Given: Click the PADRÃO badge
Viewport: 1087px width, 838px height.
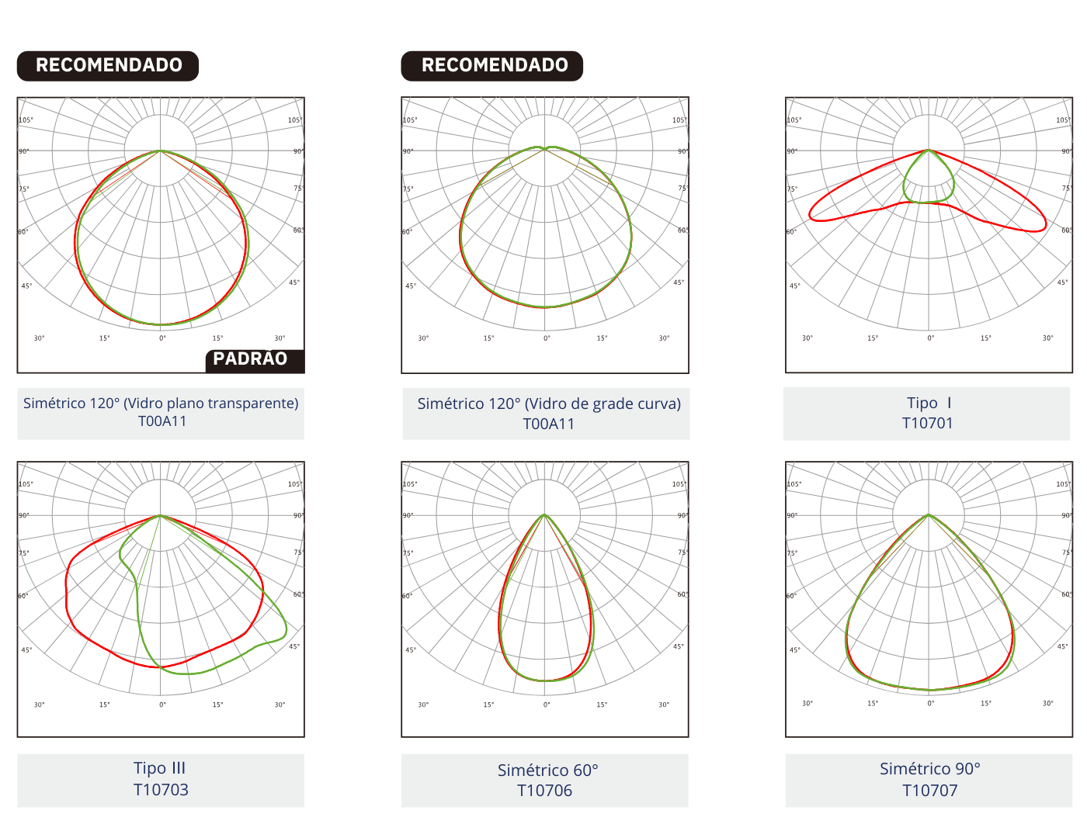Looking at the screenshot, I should coord(251,359).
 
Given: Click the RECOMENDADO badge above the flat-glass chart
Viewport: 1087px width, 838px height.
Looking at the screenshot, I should coord(109,65).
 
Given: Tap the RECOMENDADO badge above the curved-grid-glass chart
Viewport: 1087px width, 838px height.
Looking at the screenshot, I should coord(494,65).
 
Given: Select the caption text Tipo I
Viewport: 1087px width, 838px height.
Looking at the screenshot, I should coord(928,403).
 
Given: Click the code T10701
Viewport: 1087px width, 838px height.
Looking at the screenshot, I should coord(927,423).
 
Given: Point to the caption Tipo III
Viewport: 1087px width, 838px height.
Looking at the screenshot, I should coord(160,768).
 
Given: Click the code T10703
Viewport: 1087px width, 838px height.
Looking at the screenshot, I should coord(161,790).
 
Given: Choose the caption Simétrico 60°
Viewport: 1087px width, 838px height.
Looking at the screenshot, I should coord(547,770).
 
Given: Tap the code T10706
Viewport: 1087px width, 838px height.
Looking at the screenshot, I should coord(544,791).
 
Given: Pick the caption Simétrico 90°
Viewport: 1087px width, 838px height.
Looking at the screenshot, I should coord(929,769).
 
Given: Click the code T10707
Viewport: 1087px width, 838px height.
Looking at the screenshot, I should coord(929,791).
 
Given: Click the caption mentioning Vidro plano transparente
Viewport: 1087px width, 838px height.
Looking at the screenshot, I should coord(161,403).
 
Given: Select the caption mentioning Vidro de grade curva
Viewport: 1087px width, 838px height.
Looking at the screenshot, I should coord(548,403).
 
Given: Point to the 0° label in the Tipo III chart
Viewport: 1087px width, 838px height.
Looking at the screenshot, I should coord(162,705).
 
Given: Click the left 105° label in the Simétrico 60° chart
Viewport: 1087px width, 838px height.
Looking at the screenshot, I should coord(410,484).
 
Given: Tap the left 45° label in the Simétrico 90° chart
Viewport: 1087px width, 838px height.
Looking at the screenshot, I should coord(794,649).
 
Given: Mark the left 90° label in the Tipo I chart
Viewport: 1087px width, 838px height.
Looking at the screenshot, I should coord(792,151).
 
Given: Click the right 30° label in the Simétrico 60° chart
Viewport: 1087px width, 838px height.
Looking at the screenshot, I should coord(664,705).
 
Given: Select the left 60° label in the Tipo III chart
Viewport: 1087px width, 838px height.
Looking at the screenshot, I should coord(23,596).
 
